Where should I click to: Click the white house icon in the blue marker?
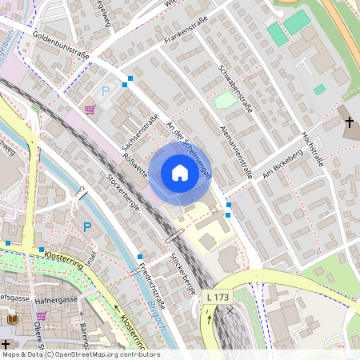coord(179,173)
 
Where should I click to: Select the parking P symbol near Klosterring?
coord(87,227)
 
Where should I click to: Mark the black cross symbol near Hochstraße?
coord(349,122)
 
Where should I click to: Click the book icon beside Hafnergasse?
coord(11,319)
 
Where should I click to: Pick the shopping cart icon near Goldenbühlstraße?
coord(90,109)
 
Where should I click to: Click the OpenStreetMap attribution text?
coord(80,354)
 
